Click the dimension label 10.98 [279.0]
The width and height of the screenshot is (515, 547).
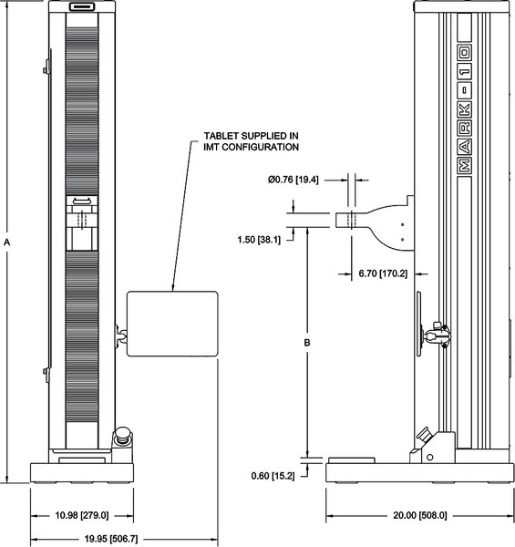tap(82, 515)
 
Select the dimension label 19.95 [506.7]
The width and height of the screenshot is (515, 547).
tap(111, 539)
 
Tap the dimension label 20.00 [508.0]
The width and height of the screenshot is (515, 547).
tap(420, 515)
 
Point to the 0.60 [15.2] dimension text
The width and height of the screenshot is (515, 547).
tap(273, 476)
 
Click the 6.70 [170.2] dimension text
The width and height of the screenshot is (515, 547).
tap(383, 273)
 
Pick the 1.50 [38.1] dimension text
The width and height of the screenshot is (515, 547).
tap(259, 240)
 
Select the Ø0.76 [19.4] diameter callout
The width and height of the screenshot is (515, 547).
tap(294, 180)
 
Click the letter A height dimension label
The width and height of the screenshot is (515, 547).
tap(6, 242)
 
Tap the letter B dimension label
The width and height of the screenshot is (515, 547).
tap(307, 343)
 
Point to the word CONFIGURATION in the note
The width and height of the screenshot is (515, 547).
tap(260, 147)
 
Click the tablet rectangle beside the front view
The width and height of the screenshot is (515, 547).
tap(172, 324)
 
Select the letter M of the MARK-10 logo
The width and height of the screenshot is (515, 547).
tap(465, 165)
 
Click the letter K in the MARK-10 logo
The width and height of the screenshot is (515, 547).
tap(465, 110)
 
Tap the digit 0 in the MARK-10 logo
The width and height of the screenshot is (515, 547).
tap(465, 53)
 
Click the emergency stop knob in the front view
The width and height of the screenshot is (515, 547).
tap(122, 435)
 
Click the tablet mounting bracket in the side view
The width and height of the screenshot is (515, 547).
tap(434, 334)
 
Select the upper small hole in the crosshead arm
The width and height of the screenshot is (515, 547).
tap(402, 224)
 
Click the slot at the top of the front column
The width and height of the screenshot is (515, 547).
tap(82, 6)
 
